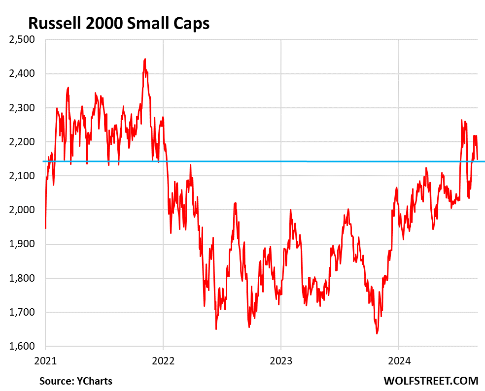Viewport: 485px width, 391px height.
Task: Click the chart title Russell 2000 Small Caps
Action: [119, 23]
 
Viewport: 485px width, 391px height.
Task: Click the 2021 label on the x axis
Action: [45, 360]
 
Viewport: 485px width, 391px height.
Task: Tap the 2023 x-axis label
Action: [280, 360]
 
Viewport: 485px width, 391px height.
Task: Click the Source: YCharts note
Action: [76, 381]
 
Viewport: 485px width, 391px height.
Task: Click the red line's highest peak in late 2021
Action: [145, 59]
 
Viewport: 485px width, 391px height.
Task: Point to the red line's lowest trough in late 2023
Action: [377, 333]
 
